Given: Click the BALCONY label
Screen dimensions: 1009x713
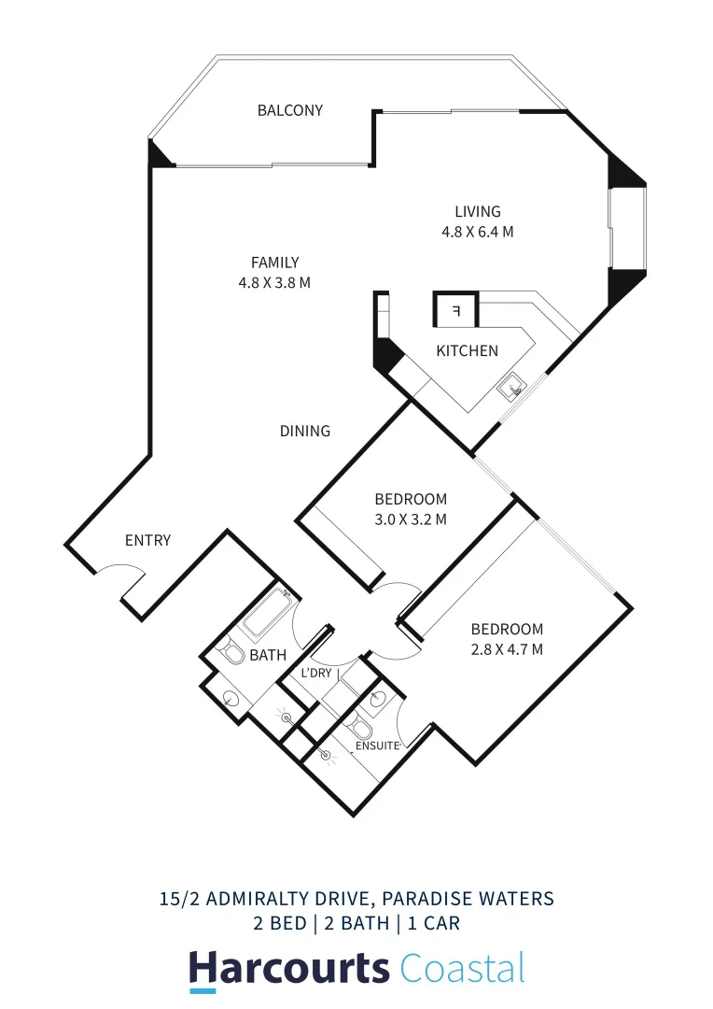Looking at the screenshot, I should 290,110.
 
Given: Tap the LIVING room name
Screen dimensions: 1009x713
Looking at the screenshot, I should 478,212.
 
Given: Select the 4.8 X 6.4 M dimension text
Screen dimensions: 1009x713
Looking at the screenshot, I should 478,233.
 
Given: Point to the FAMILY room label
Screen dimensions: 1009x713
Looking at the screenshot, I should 274,263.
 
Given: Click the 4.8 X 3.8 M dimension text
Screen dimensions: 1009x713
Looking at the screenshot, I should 274,282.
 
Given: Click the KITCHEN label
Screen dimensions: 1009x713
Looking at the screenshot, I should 468,351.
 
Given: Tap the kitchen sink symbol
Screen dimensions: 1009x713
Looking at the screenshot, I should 512,387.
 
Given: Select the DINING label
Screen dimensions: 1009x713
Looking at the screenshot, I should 305,431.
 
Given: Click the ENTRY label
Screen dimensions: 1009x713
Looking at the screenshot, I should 148,540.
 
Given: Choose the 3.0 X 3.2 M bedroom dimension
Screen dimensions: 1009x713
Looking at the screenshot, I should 411,519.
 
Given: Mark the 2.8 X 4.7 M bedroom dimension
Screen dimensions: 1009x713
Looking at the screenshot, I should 507,649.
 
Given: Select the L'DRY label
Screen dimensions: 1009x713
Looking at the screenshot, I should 316,673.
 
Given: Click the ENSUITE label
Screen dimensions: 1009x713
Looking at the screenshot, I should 377,746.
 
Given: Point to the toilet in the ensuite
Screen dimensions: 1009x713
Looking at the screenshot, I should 360,727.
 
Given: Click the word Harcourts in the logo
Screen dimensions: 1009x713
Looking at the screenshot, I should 289,968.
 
